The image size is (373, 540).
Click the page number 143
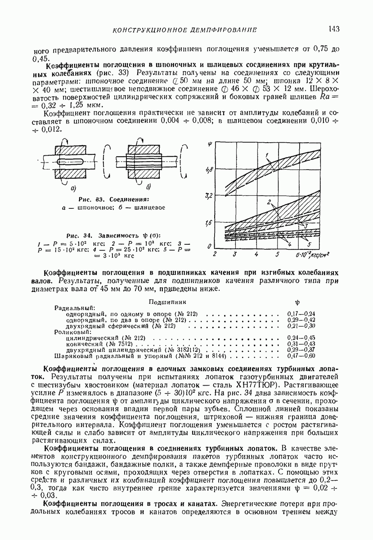point(333,29)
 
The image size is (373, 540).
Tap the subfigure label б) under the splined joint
point(148,187)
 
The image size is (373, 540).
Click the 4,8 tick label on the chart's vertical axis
point(208,170)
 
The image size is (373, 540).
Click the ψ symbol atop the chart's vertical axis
point(210,145)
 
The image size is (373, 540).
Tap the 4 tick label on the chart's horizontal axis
point(256,254)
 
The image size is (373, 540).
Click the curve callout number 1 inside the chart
point(267,156)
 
